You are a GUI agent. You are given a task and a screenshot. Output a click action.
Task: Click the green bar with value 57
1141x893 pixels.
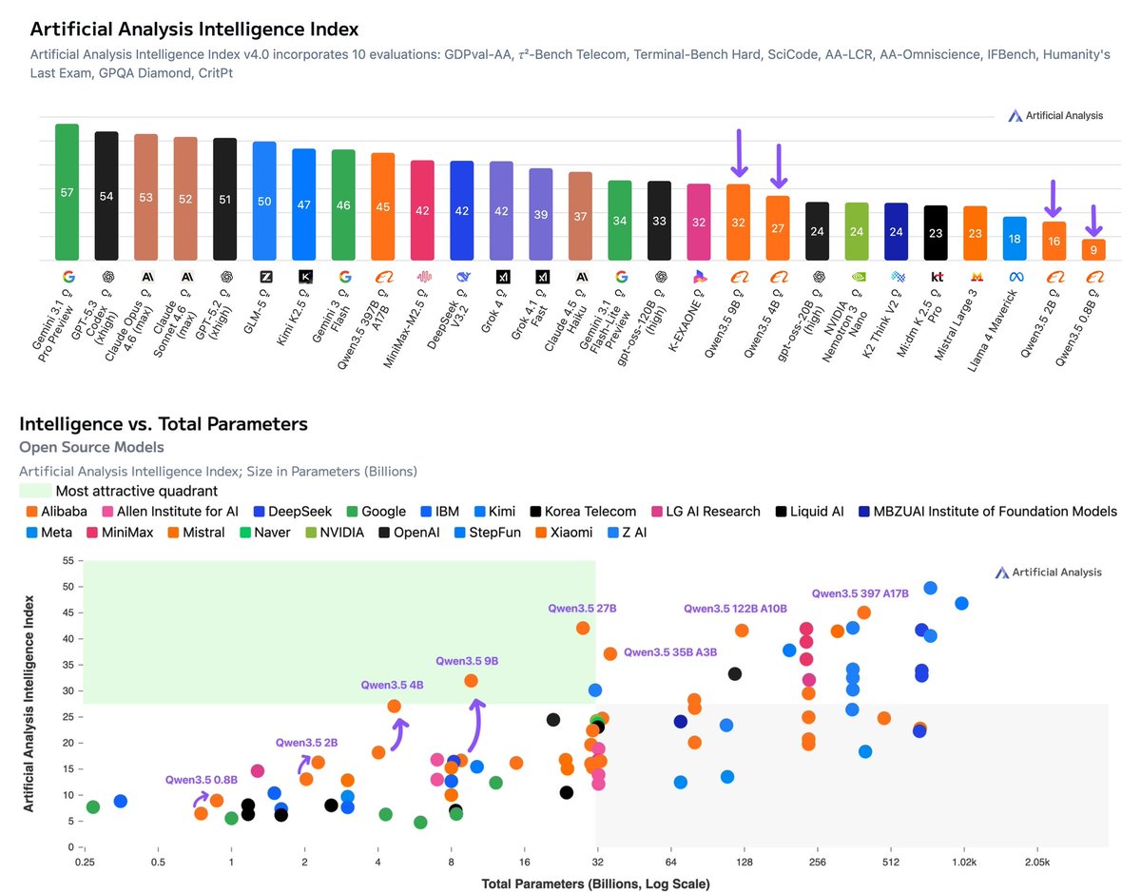(67, 192)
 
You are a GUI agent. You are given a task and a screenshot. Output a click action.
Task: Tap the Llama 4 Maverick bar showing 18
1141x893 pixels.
(1015, 239)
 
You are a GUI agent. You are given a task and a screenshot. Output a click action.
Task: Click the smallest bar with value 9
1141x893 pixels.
(1093, 249)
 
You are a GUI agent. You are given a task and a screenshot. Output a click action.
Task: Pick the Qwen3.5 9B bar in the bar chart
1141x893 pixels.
(738, 223)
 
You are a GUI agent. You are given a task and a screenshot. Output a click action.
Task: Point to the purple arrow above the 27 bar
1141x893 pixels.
(778, 166)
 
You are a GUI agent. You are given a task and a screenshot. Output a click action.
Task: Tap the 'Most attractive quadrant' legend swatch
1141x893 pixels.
(34, 491)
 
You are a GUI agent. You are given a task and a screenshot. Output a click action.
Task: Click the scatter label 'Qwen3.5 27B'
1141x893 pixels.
(582, 608)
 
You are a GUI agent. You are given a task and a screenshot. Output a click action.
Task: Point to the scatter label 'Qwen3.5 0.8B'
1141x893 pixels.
(201, 780)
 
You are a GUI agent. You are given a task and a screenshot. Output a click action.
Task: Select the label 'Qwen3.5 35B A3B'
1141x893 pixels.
(669, 652)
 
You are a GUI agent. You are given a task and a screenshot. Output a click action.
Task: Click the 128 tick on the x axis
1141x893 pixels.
(744, 862)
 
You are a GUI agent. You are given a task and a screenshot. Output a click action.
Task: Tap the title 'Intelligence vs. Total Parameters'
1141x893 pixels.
(164, 423)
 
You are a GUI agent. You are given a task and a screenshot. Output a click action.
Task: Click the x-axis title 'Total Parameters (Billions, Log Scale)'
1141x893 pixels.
(594, 883)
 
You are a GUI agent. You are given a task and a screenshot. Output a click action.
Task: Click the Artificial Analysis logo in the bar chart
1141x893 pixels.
(1055, 115)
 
